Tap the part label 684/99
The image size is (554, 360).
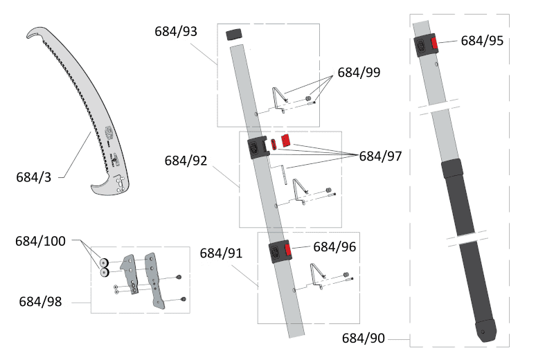[x=359, y=72]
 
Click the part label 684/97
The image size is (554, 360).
[x=380, y=156]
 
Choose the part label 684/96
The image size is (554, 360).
[x=335, y=246]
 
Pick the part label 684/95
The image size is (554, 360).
[x=482, y=40]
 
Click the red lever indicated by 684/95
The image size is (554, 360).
[x=434, y=44]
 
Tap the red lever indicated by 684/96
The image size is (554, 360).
[x=287, y=251]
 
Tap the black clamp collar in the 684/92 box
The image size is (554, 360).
[x=258, y=148]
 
